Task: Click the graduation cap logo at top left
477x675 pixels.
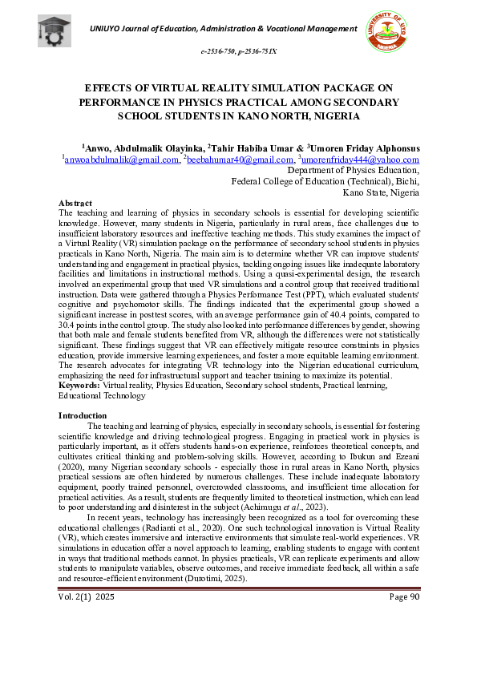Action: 55,30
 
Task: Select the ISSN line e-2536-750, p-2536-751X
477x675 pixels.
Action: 238,51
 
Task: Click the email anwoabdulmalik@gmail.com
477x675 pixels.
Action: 122,160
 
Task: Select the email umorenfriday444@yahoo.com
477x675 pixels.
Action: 360,160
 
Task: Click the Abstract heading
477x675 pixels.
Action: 75,204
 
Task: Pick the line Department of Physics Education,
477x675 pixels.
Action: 353,170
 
